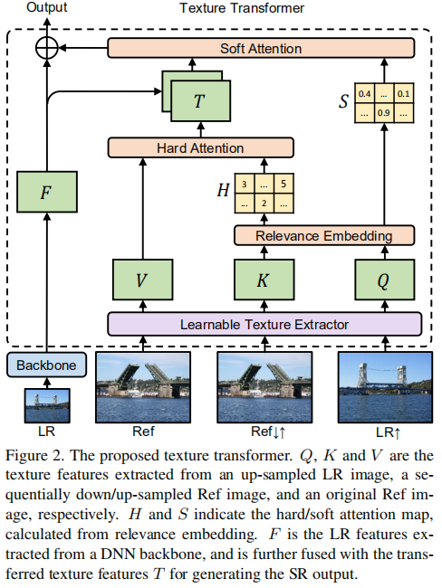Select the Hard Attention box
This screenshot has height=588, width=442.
point(200,147)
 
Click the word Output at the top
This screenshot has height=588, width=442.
point(46,8)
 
